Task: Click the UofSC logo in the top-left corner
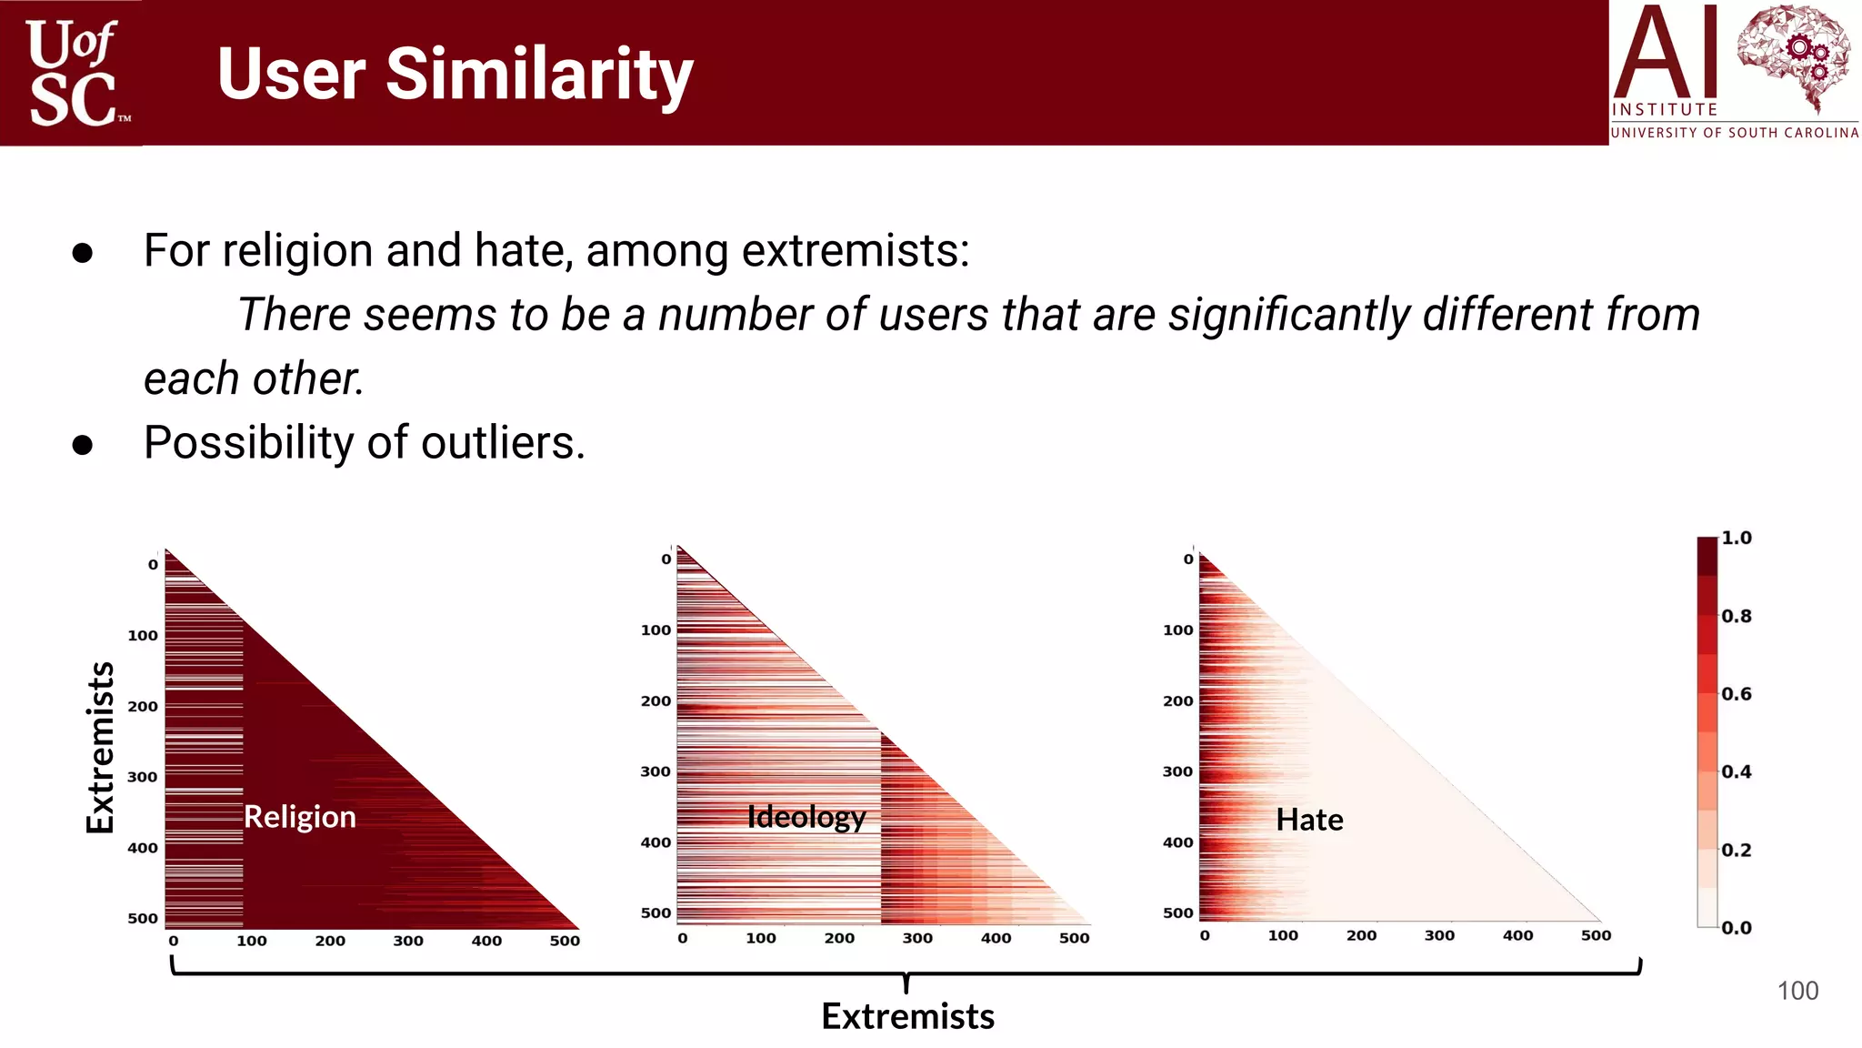(x=73, y=73)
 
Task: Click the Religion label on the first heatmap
(x=300, y=817)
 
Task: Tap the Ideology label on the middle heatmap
(x=806, y=817)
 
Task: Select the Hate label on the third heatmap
(x=1309, y=820)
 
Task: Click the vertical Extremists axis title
(x=101, y=747)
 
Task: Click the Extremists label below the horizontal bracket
(x=907, y=1016)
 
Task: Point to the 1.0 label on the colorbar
(x=1736, y=538)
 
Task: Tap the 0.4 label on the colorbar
(x=1736, y=771)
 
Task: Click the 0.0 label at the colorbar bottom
(x=1736, y=928)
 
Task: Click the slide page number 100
(x=1797, y=991)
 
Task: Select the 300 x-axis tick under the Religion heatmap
(x=408, y=941)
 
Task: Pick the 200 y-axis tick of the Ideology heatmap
(x=656, y=700)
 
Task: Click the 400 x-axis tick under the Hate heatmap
(x=1517, y=935)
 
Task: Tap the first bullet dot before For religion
(x=83, y=253)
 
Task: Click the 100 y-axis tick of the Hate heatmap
(x=1177, y=630)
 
